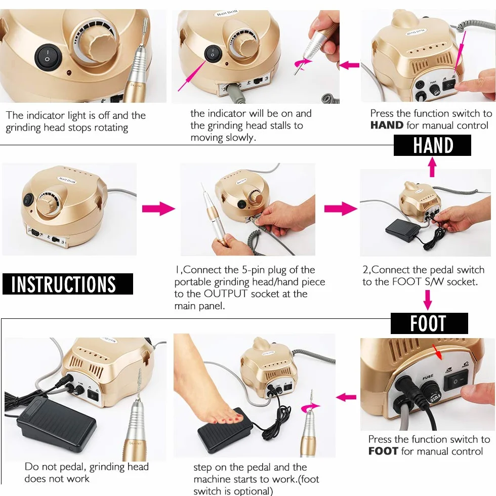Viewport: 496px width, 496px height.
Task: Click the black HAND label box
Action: (432, 145)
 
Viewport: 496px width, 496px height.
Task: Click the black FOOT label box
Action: (429, 323)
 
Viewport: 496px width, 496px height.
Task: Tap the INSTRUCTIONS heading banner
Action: (68, 284)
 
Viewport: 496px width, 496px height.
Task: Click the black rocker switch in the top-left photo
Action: (48, 57)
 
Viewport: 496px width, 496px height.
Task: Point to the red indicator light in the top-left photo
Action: (69, 73)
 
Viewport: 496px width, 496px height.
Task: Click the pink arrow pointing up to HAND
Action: (432, 167)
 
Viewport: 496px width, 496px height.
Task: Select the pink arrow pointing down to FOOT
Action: (428, 300)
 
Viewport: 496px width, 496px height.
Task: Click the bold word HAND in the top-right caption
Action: (387, 126)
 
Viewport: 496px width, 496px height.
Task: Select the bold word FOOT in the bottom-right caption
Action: (383, 451)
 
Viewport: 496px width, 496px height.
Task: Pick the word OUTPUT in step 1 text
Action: (225, 294)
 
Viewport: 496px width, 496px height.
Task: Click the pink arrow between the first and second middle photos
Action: (158, 209)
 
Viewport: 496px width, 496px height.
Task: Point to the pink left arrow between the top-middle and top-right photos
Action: (349, 65)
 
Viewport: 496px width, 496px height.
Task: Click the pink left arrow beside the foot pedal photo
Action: (346, 397)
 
